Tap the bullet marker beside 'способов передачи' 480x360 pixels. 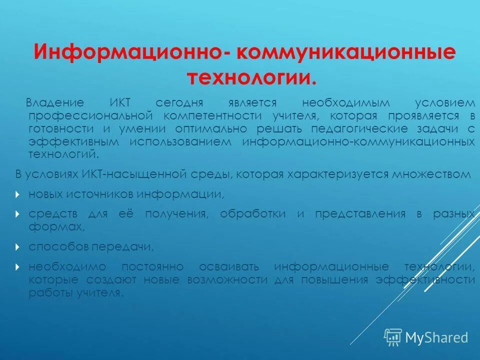18,246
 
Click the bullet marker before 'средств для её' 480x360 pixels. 18,214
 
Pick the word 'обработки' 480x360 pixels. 260,214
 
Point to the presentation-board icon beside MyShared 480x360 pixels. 393,337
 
